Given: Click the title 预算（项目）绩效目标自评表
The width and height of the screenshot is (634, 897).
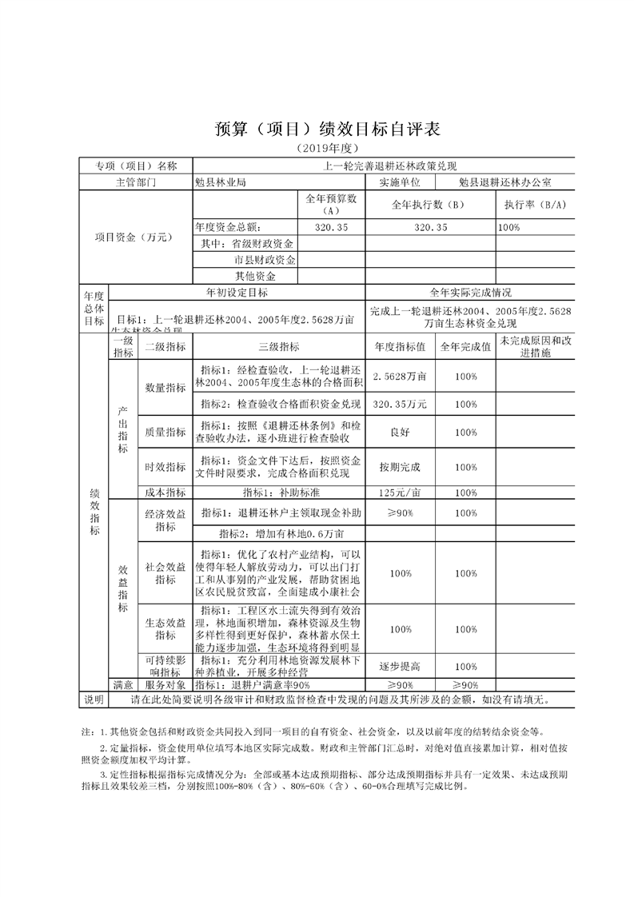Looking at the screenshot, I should pos(317,130).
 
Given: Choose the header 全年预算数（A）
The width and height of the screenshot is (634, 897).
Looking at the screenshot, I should pos(331,205).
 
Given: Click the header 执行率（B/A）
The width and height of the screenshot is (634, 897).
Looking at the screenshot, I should pos(534,205).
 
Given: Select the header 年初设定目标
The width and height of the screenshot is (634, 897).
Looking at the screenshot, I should pos(237,293).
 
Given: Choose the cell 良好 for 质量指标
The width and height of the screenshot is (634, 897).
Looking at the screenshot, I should pos(400,432).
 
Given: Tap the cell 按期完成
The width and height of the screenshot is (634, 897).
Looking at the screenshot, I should pos(400,466).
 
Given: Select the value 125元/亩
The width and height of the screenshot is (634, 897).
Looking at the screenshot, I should pos(400,492).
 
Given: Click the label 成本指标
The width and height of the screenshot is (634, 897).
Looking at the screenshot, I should pos(165,492).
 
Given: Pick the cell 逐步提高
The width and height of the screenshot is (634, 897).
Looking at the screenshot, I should pos(400,666).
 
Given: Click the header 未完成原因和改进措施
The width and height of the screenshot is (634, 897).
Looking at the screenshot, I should pos(535,346).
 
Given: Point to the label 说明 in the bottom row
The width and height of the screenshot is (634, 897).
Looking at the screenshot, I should pos(94,700).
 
